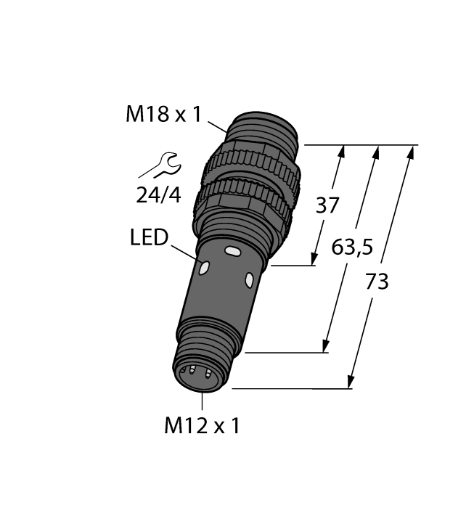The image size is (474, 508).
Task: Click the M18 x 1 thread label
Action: pos(163,114)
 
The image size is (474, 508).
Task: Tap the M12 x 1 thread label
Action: pos(201,426)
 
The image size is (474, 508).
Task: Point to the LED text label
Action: pos(149,237)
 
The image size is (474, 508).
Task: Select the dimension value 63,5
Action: pos(352,248)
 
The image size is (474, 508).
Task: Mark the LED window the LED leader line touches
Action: pos(203,268)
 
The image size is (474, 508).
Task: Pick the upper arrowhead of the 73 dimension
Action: pos(413,151)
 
